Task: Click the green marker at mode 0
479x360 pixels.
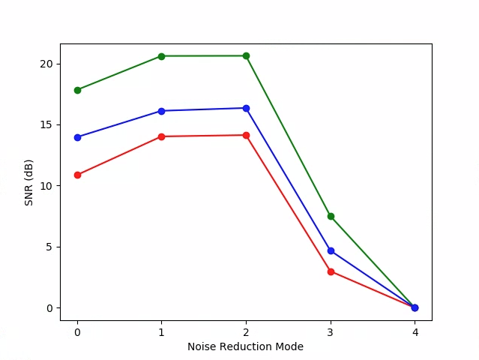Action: pyautogui.click(x=77, y=90)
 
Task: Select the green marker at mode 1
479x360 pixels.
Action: pyautogui.click(x=162, y=56)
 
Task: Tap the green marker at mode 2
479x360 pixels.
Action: pyautogui.click(x=246, y=55)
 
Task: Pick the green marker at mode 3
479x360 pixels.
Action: pyautogui.click(x=331, y=216)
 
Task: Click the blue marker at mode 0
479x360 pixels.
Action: pyautogui.click(x=77, y=137)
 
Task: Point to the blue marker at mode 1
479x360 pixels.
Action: pyautogui.click(x=162, y=111)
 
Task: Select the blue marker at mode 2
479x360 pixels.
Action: pyautogui.click(x=246, y=108)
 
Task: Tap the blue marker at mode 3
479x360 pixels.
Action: pyautogui.click(x=331, y=250)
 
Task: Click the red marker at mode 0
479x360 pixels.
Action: pyautogui.click(x=77, y=175)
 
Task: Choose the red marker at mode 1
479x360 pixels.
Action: pyautogui.click(x=162, y=136)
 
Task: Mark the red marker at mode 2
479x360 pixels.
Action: pyautogui.click(x=246, y=135)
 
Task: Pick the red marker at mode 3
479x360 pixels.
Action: pyautogui.click(x=331, y=271)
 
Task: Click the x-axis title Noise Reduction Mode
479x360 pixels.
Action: pyautogui.click(x=245, y=346)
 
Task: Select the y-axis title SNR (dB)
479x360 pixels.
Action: pyautogui.click(x=29, y=182)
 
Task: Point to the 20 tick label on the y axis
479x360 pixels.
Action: pyautogui.click(x=46, y=64)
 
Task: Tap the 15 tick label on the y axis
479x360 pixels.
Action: pyautogui.click(x=46, y=124)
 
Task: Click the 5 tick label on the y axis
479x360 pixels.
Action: pyautogui.click(x=49, y=247)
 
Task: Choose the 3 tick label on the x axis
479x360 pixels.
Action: pyautogui.click(x=331, y=331)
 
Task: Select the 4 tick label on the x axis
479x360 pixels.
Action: pyautogui.click(x=415, y=331)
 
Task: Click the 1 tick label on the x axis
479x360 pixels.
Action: pyautogui.click(x=162, y=331)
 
